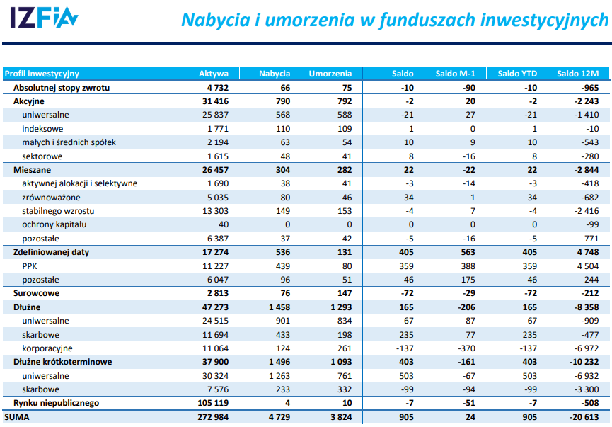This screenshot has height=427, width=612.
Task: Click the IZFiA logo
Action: pos(44,19)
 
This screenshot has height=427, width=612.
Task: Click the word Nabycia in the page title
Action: pos(213,20)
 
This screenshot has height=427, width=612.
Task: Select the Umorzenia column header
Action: pos(330,74)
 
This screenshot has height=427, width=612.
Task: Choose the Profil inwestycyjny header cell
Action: pos(42,74)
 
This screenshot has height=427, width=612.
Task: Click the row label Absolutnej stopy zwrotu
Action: pos(62,88)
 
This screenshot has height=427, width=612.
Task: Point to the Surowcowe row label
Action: pos(36,293)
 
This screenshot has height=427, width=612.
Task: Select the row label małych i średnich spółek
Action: pos(69,142)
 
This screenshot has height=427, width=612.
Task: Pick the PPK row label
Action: pos(30,266)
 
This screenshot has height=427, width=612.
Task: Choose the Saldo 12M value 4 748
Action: pos(587,252)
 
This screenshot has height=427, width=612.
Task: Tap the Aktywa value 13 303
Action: pos(215,211)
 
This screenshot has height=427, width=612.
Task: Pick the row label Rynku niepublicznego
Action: pos(56,403)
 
